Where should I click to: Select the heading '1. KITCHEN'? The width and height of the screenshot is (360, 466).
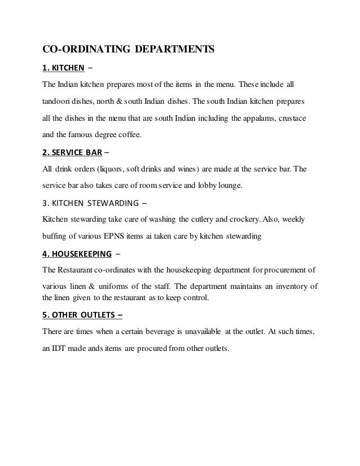point(64,70)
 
